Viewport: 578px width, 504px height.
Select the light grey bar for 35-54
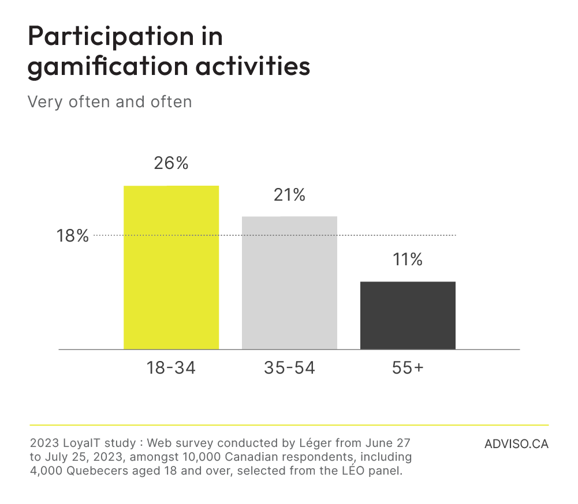289,283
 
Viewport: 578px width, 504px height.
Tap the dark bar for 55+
408,315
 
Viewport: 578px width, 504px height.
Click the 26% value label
171,164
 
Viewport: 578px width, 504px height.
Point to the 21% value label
289,195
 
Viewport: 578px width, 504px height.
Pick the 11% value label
408,259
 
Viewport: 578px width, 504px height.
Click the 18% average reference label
73,236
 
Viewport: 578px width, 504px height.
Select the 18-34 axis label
171,368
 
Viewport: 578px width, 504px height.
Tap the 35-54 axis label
289,368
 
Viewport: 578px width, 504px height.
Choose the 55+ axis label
408,368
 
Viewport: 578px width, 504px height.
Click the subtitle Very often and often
109,102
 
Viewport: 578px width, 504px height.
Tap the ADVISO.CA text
516,445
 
